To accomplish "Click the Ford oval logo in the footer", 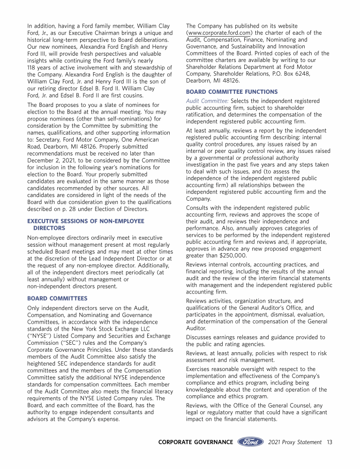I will tap(250, 442).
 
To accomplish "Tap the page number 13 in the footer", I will tap(330, 442).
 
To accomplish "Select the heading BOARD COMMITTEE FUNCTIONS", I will tap(232, 91).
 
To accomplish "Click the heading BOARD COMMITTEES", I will tap(57, 298).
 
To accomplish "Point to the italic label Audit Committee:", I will tap(207, 101).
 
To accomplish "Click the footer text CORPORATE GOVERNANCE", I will tap(195, 442).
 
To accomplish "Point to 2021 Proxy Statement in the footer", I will tap(295, 442).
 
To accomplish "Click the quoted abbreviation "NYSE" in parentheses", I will tap(40, 336).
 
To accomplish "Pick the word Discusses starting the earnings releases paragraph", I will tap(201, 337).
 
